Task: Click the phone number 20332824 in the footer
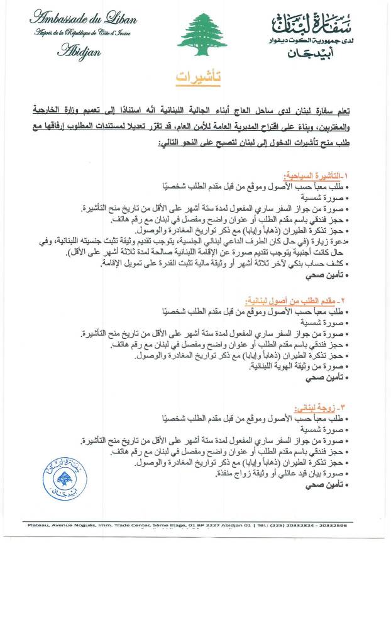tap(313, 525)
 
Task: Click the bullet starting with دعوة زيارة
tap(239, 241)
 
